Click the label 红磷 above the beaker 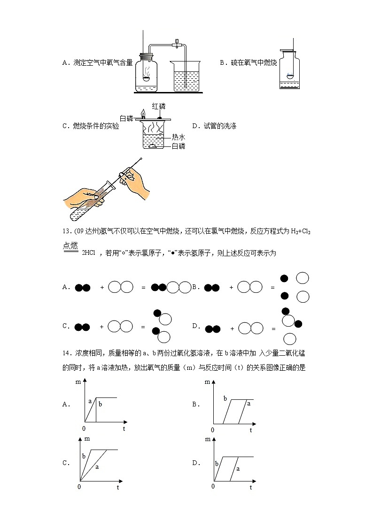point(158,107)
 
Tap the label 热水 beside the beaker point(178,137)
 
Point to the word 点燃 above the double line point(70,244)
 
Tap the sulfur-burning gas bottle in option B point(290,69)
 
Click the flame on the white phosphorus point(143,113)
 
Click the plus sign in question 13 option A point(102,287)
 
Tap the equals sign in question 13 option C point(143,326)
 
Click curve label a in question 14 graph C point(97,467)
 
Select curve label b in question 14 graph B point(225,398)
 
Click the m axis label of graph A point(78,382)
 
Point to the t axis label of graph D point(251,488)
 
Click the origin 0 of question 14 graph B point(212,429)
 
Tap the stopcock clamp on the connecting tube point(178,44)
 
